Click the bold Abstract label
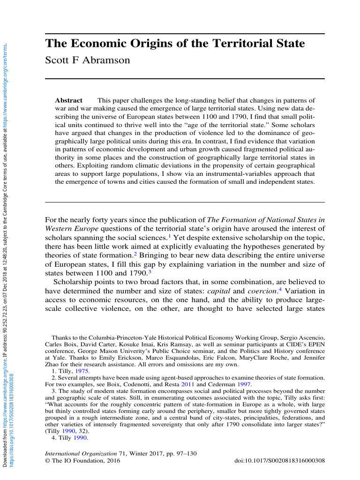tap(68, 100)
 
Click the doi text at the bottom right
tap(279, 461)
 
